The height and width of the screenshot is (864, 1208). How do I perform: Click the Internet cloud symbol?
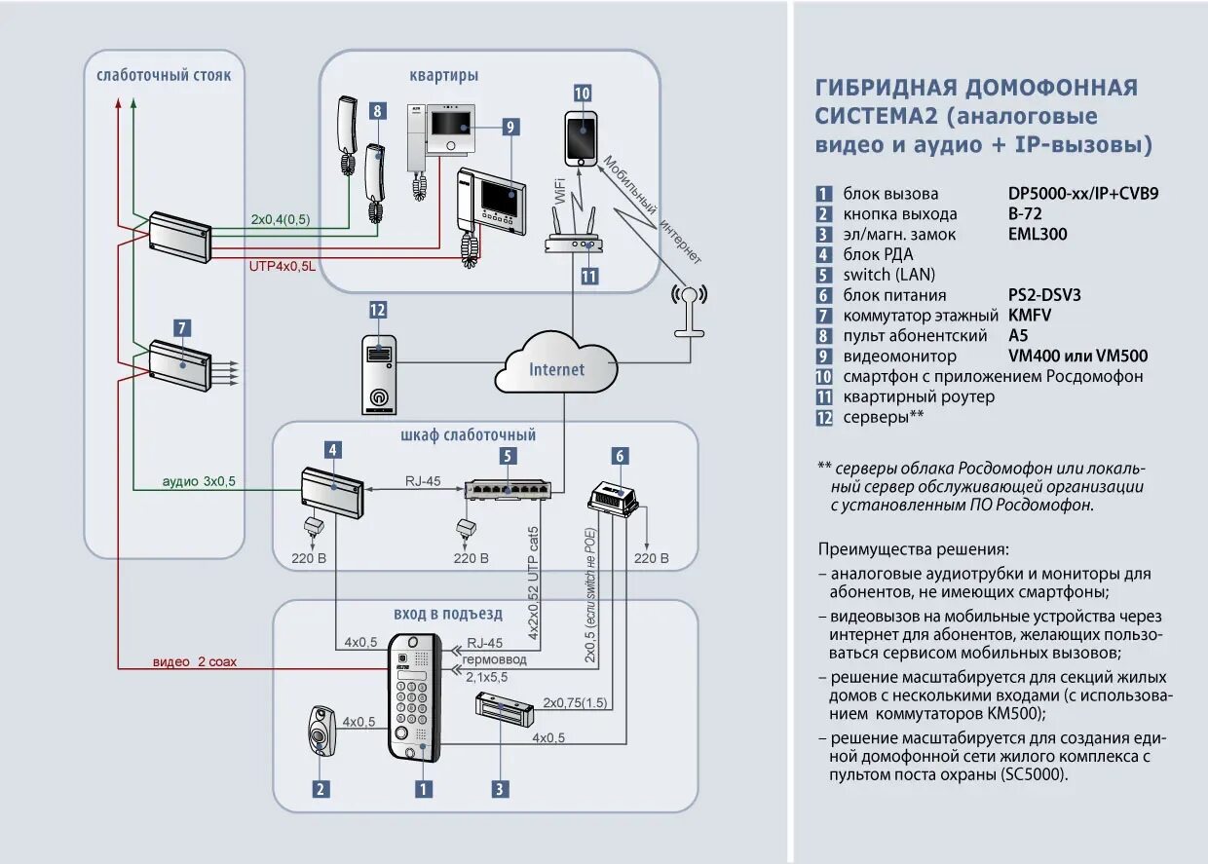pyautogui.click(x=556, y=366)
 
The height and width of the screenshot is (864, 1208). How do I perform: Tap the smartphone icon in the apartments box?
pyautogui.click(x=583, y=137)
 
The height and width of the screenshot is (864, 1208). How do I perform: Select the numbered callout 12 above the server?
pyautogui.click(x=378, y=311)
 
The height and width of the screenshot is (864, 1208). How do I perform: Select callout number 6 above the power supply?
pyautogui.click(x=620, y=456)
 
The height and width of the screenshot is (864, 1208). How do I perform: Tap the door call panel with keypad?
pyautogui.click(x=414, y=696)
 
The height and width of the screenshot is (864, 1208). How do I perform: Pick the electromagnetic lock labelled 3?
pyautogui.click(x=503, y=709)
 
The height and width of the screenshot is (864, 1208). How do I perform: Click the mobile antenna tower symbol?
pyautogui.click(x=690, y=311)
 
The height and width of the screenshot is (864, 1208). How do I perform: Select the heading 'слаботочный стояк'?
pyautogui.click(x=164, y=75)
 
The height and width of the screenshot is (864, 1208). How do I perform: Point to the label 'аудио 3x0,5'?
pyautogui.click(x=199, y=481)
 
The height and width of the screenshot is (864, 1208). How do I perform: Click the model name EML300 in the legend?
pyautogui.click(x=1038, y=234)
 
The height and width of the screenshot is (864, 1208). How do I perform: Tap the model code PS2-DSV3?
pyautogui.click(x=1044, y=294)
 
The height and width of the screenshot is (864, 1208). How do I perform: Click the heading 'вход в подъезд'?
pyautogui.click(x=448, y=614)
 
